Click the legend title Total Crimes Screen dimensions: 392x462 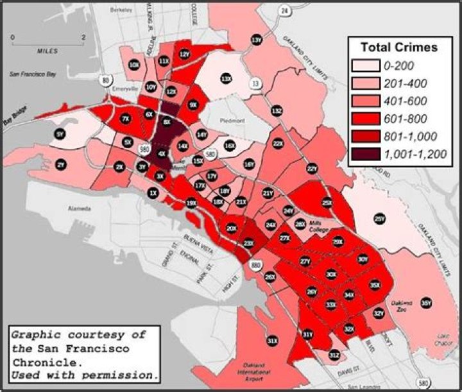(x=398, y=47)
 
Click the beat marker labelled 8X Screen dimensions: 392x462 (x=167, y=122)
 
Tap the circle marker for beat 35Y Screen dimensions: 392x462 (x=425, y=303)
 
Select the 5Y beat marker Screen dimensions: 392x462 (x=60, y=134)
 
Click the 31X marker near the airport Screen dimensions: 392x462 (x=273, y=340)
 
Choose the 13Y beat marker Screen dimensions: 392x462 (x=257, y=40)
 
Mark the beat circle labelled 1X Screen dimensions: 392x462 (x=153, y=192)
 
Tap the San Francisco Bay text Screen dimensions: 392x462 (x=33, y=75)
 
